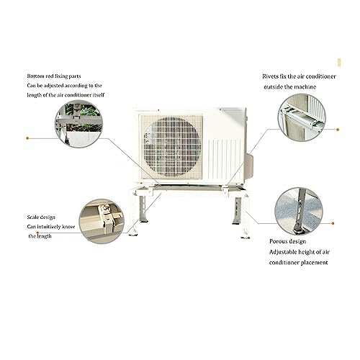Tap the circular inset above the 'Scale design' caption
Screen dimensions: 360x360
[102, 221]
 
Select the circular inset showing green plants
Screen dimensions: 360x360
[79, 124]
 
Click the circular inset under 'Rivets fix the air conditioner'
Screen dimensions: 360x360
[302, 117]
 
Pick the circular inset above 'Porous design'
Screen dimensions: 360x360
[299, 212]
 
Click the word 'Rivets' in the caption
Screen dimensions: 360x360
[270, 76]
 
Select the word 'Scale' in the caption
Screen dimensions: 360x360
[33, 217]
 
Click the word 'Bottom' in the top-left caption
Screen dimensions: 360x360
[35, 76]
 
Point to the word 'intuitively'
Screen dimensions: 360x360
[49, 227]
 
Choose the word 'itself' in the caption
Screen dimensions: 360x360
[99, 95]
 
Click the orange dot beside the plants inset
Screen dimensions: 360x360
[27, 138]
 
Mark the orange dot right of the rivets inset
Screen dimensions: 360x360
[338, 130]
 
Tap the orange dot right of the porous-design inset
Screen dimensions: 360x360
[333, 223]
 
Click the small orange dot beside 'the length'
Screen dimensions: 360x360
[37, 233]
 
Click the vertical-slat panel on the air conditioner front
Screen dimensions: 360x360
[225, 160]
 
